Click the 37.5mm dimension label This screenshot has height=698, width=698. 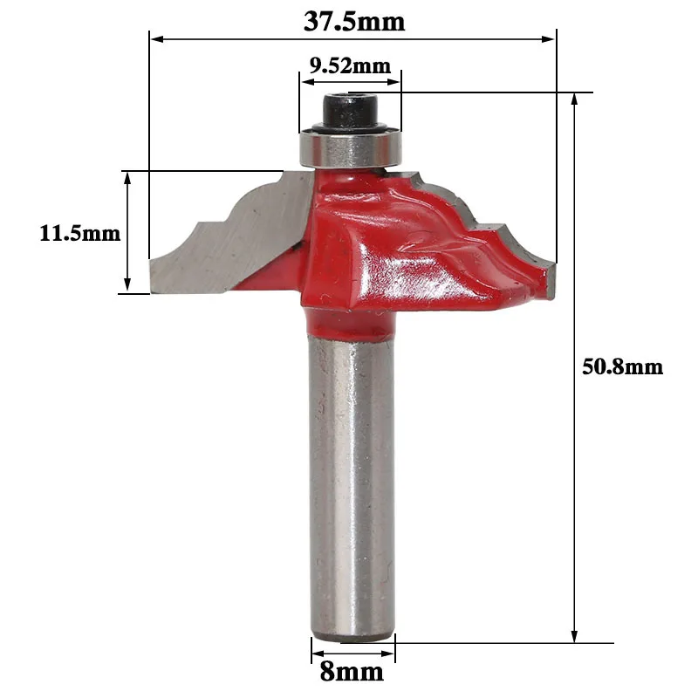click(x=354, y=22)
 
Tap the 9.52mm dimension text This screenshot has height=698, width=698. click(x=351, y=66)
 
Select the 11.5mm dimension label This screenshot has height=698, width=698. click(x=80, y=233)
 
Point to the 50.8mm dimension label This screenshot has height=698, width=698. click(x=622, y=367)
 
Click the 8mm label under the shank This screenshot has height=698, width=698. click(x=352, y=672)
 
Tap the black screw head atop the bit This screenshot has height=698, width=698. click(x=351, y=111)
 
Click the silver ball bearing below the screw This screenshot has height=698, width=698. click(x=352, y=148)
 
